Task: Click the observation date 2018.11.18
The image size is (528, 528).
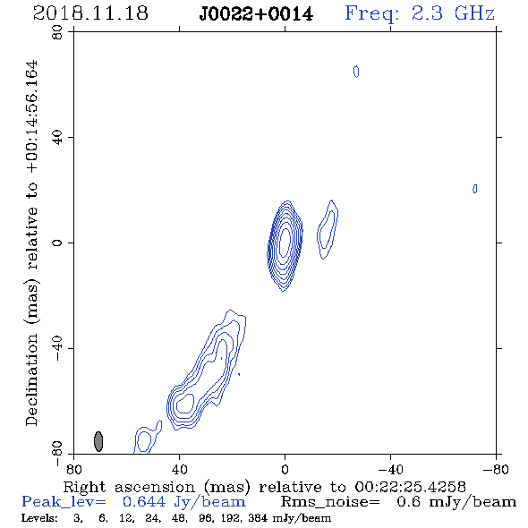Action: point(90,13)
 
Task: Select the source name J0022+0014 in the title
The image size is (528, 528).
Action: point(256,13)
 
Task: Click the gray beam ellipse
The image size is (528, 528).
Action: point(98,441)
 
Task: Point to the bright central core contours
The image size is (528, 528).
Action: point(285,245)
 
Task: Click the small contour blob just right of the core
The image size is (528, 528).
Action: point(328,230)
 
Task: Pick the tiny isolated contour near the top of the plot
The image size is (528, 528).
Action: point(356,72)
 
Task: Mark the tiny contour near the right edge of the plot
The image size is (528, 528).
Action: point(475,189)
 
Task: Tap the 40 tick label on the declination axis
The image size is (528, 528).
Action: point(57,138)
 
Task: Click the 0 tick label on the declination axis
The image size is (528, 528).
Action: point(57,243)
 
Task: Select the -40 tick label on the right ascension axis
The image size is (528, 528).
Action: point(390,469)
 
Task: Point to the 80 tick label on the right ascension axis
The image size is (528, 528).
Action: point(73,469)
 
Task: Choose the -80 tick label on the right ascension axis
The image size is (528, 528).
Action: point(496,469)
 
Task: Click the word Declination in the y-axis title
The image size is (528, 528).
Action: point(31,379)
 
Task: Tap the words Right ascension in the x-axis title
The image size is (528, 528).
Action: point(129,487)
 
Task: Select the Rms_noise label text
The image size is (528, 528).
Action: point(330,502)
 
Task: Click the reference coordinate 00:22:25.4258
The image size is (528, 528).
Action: point(410,487)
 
